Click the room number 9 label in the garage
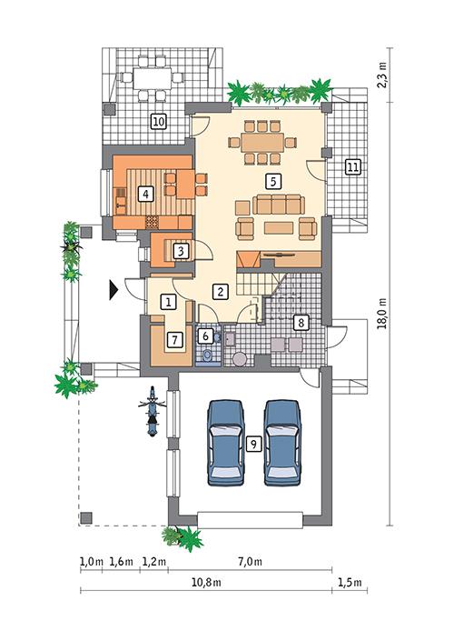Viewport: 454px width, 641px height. tap(253, 443)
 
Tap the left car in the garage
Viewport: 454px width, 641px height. tap(226, 444)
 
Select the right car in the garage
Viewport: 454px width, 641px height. tap(282, 444)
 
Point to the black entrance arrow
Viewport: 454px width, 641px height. tap(113, 289)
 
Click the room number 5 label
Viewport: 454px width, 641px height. tap(269, 180)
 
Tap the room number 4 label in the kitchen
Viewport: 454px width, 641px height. tap(144, 193)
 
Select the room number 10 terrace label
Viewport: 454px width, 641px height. tap(157, 120)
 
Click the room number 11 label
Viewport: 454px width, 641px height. tap(351, 166)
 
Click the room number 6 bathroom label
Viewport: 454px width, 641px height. tap(206, 336)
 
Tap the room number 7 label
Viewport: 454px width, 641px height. tap(175, 339)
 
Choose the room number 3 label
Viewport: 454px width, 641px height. tap(182, 250)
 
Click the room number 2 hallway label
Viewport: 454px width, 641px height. tap(219, 291)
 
